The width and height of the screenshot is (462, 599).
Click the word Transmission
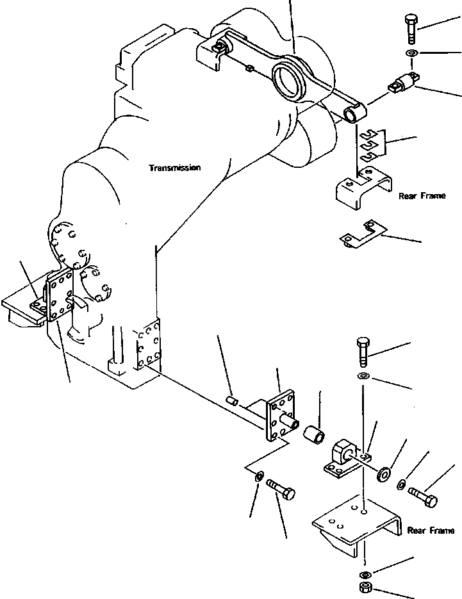pos(175,168)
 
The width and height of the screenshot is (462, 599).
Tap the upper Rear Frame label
pos(422,196)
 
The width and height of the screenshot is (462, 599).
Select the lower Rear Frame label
pos(431,530)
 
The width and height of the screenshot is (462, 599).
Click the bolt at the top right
pos(410,29)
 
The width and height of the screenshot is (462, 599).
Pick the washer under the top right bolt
pos(411,53)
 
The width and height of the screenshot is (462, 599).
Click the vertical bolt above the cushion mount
pos(363,350)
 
